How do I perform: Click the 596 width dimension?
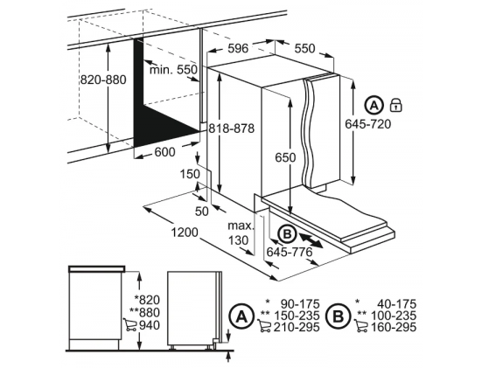point(238,48)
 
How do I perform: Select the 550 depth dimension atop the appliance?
point(304,48)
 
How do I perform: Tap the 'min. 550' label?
point(173,70)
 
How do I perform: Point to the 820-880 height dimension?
point(103,80)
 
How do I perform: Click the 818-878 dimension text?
point(232,128)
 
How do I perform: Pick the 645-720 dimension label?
point(368,124)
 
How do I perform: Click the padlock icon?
point(396,105)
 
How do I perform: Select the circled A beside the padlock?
point(374,106)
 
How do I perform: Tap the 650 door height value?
point(285,157)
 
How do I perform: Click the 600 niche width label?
point(164,152)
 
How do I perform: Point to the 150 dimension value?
point(190,174)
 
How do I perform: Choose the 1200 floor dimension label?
point(185,233)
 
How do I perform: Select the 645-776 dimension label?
point(290,253)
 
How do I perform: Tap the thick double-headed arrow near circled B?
point(311,240)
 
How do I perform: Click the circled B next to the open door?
point(287,234)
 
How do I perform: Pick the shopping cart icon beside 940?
point(129,324)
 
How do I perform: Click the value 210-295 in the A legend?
point(297,327)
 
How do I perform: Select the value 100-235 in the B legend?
point(394,316)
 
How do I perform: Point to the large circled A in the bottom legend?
point(241,316)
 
